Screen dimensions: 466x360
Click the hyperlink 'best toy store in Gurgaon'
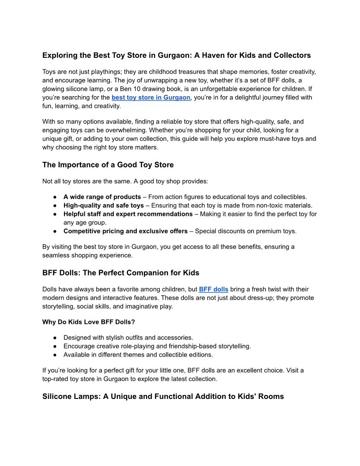click(x=151, y=97)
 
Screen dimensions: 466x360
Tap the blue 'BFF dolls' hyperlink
click(x=214, y=289)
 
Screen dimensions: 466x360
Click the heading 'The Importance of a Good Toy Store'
click(x=108, y=165)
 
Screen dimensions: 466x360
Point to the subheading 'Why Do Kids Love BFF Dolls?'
click(x=89, y=322)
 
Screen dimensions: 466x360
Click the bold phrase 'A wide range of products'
click(x=102, y=197)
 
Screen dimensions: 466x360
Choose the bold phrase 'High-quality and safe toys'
click(x=104, y=205)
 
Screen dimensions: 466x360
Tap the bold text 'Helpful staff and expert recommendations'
click(x=128, y=214)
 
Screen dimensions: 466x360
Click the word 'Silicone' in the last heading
click(x=58, y=396)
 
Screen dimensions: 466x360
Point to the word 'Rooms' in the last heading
click(x=270, y=396)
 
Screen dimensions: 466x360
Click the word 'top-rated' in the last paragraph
click(x=56, y=379)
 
